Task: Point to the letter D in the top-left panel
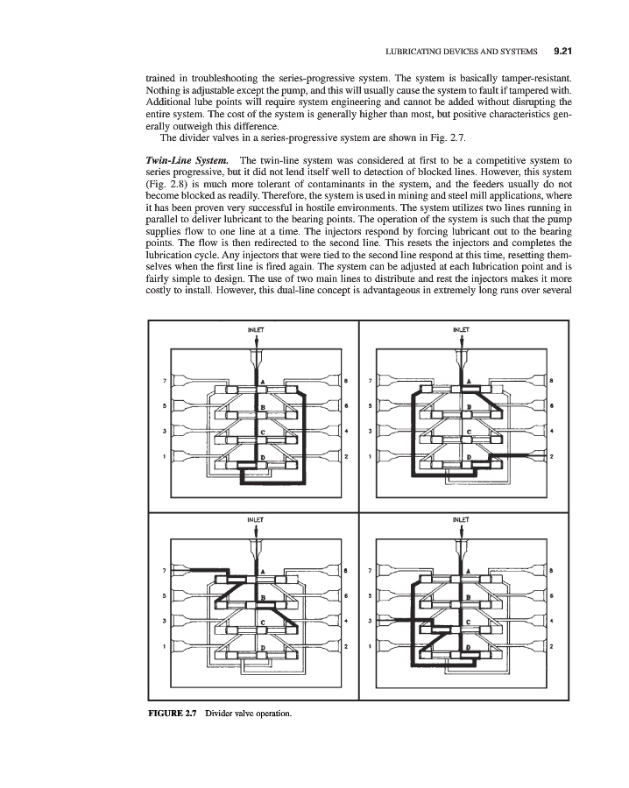263,456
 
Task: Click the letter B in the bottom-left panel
263,597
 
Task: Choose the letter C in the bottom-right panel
469,622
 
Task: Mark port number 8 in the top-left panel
347,381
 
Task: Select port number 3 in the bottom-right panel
371,621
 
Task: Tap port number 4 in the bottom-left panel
347,622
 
